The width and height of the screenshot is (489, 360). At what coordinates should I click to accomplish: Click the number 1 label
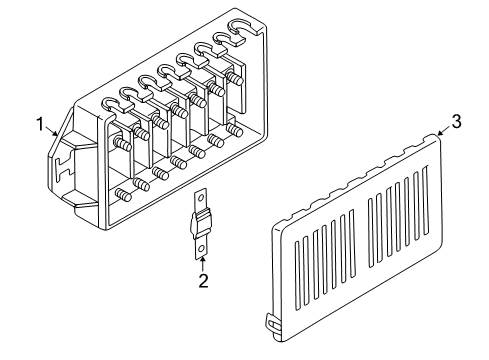tap(41, 125)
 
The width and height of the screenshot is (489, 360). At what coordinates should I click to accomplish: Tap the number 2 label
tap(203, 281)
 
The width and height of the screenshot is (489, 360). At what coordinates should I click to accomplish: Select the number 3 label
tap(456, 122)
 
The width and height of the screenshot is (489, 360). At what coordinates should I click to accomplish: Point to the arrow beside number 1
tap(52, 133)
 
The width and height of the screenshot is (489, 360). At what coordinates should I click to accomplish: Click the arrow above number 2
tap(203, 262)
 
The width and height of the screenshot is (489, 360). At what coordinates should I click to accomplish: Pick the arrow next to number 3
tap(441, 132)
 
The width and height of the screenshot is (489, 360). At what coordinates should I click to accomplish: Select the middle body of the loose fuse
tap(202, 221)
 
